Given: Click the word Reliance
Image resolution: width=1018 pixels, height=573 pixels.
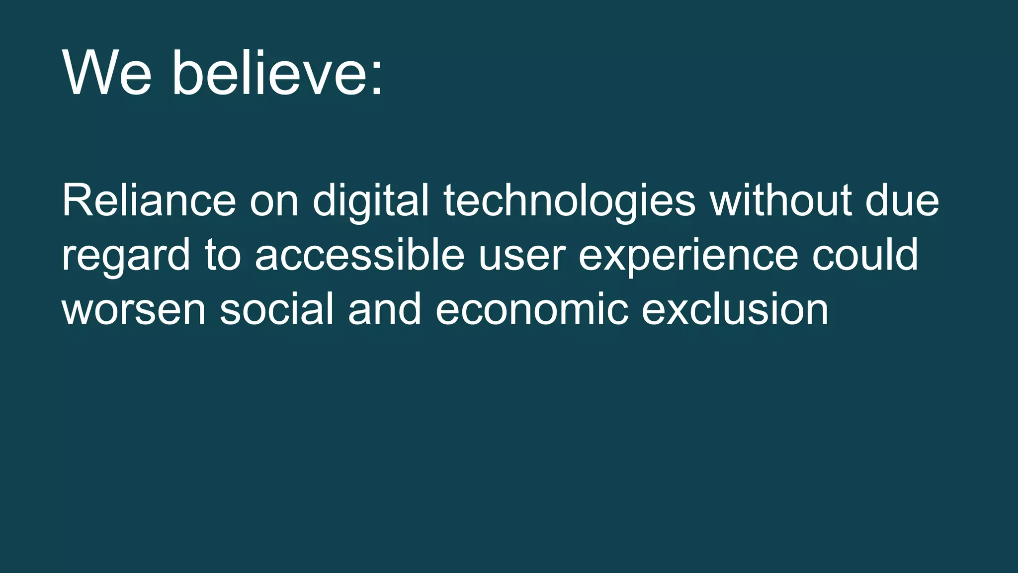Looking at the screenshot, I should click(x=149, y=200).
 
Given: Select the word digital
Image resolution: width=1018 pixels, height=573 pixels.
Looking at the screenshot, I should click(x=370, y=201).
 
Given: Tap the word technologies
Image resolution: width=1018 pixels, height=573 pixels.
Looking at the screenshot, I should click(x=569, y=201).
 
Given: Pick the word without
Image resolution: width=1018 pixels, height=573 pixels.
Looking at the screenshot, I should click(x=781, y=200).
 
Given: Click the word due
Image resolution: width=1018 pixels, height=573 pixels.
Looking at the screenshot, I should click(x=902, y=200).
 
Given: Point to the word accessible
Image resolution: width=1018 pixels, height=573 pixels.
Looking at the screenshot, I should click(x=359, y=255).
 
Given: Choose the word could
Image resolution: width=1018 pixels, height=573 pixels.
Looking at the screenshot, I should click(x=865, y=255).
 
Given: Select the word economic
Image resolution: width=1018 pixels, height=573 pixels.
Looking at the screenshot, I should click(x=532, y=309).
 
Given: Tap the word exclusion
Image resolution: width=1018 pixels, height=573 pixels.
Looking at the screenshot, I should click(x=735, y=309).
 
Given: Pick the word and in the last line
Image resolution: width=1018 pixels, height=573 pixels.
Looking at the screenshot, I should click(x=385, y=309).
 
